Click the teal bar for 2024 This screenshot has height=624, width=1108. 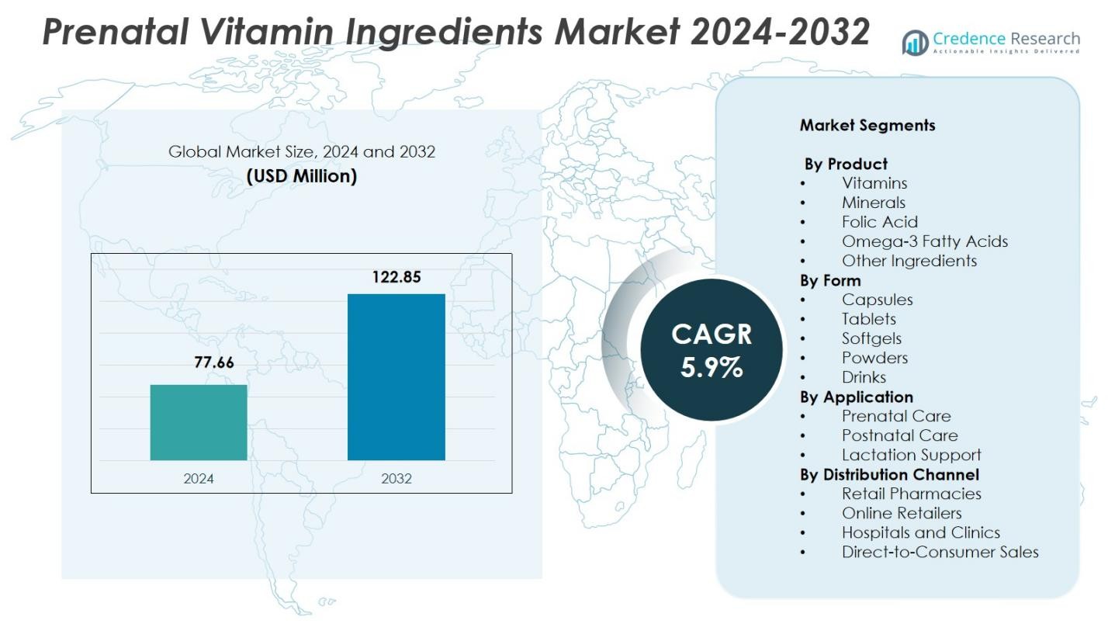pyautogui.click(x=199, y=422)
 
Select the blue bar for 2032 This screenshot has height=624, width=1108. pyautogui.click(x=396, y=376)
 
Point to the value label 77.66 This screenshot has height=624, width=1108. pyautogui.click(x=213, y=362)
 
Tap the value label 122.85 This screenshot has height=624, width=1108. pyautogui.click(x=396, y=277)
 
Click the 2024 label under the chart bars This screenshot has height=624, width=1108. pyautogui.click(x=199, y=478)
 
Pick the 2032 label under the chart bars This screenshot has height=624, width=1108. pyautogui.click(x=396, y=478)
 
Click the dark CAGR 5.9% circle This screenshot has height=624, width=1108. pyautogui.click(x=711, y=350)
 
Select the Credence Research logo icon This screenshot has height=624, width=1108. pyautogui.click(x=916, y=42)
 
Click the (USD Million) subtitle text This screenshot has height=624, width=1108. pyautogui.click(x=302, y=176)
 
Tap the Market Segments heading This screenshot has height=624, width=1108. pyautogui.click(x=867, y=125)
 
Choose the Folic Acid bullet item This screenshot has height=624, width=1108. pyautogui.click(x=879, y=222)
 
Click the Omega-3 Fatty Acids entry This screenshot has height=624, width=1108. pyautogui.click(x=924, y=241)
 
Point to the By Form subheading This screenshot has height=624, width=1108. pyautogui.click(x=830, y=280)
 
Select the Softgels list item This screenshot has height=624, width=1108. pyautogui.click(x=871, y=338)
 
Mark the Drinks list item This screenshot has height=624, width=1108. pyautogui.click(x=864, y=377)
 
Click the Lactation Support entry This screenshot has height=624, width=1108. pyautogui.click(x=911, y=455)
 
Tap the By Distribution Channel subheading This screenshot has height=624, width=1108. pyautogui.click(x=889, y=474)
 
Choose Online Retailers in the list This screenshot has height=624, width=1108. pyautogui.click(x=901, y=513)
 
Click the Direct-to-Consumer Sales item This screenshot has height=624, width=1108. pyautogui.click(x=940, y=552)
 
